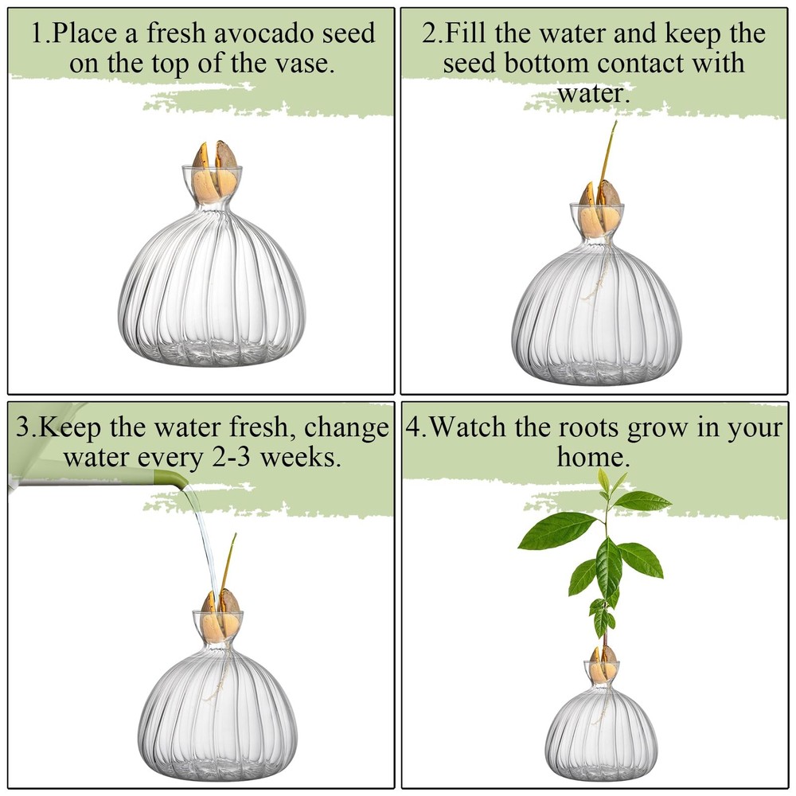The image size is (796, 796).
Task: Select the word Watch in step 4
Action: [470, 427]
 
